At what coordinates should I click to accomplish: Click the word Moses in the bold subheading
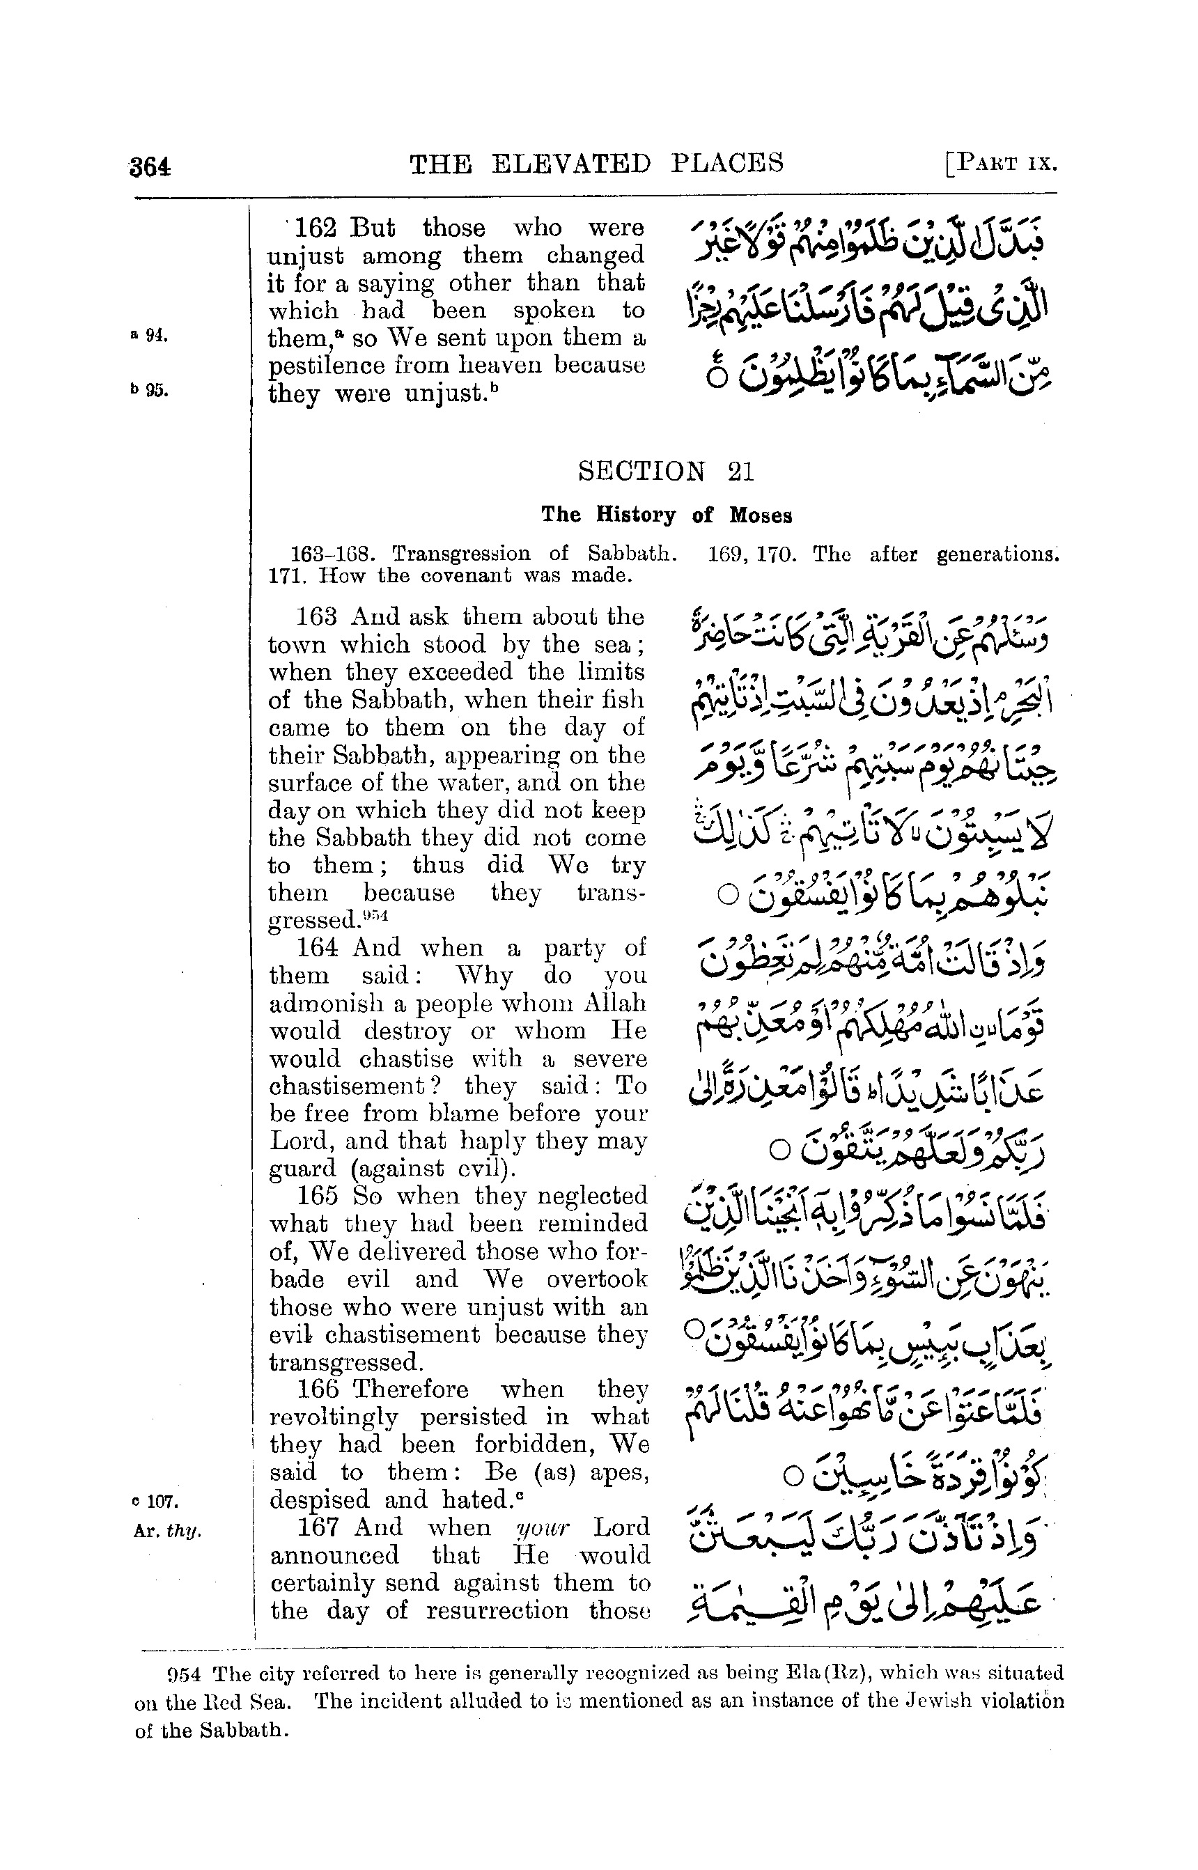click(760, 515)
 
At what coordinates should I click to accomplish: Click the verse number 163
click(317, 617)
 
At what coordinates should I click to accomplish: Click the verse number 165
click(318, 1196)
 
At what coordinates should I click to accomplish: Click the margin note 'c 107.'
click(151, 1498)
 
